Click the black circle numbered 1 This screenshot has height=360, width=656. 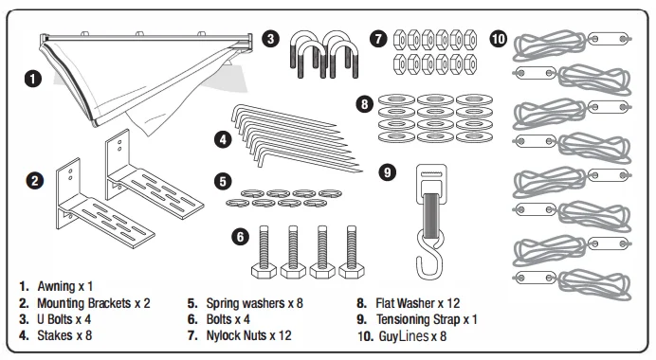(33, 79)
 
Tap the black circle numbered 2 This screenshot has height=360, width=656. (35, 181)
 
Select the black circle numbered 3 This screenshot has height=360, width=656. (271, 39)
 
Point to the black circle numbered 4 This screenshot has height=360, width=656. (223, 139)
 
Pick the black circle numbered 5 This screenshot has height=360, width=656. (223, 182)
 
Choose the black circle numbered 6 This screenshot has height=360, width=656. (241, 237)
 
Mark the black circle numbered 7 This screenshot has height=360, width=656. (378, 39)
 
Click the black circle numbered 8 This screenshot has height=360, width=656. (364, 103)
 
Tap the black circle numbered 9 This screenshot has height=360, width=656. (388, 172)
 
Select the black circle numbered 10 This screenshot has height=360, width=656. (499, 39)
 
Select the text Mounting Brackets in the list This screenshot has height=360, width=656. (84, 303)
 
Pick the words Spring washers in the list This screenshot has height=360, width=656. (245, 303)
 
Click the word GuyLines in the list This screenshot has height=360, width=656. (404, 336)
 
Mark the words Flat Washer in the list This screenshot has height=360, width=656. (406, 303)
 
